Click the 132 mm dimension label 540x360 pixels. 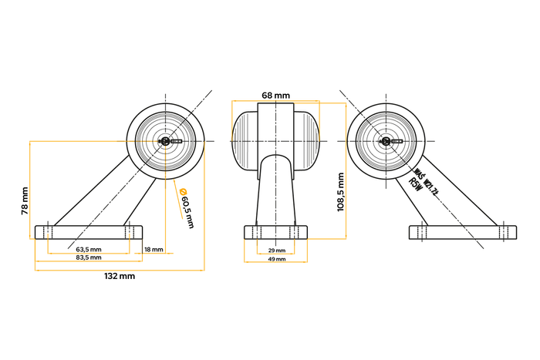119,275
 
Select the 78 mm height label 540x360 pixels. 25,200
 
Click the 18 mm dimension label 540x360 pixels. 153,250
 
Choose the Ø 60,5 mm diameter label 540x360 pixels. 186,207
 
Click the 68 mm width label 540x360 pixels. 275,95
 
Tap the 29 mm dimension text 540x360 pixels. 276,251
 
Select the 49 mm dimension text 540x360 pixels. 276,260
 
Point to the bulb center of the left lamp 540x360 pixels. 166,142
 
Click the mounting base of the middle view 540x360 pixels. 276,232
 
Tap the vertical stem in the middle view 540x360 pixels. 275,193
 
